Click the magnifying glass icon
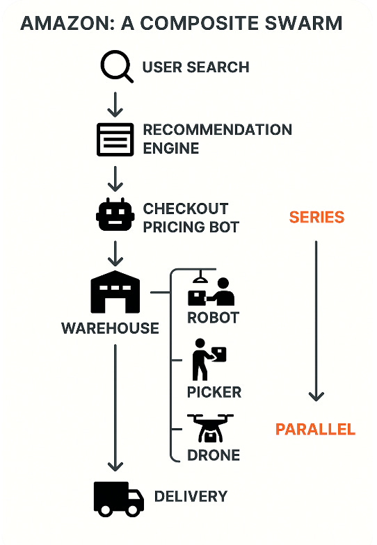tap(115, 65)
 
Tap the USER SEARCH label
tap(196, 67)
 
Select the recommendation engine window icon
tap(115, 139)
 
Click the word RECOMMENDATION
tap(217, 129)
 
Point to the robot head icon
tap(115, 214)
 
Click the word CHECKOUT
tap(185, 209)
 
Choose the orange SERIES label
tap(316, 217)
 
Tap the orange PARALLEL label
tap(315, 430)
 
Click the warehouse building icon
tap(115, 292)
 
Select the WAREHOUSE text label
tap(110, 328)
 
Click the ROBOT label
tap(213, 317)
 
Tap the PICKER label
tap(214, 392)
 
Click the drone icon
tap(210, 428)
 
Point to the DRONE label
tap(213, 455)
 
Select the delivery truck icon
tap(119, 499)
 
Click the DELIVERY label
tap(191, 496)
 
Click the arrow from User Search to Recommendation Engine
tap(115, 104)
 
